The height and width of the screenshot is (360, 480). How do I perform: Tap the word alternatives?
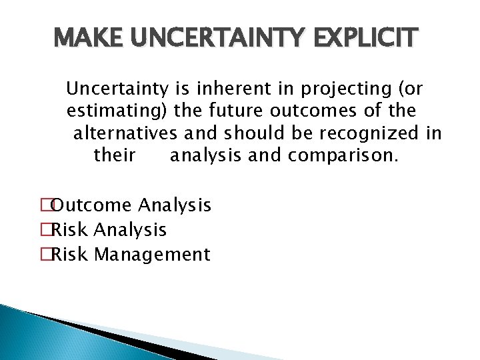click(x=125, y=133)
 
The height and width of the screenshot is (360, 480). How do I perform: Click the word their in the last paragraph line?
click(x=115, y=156)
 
